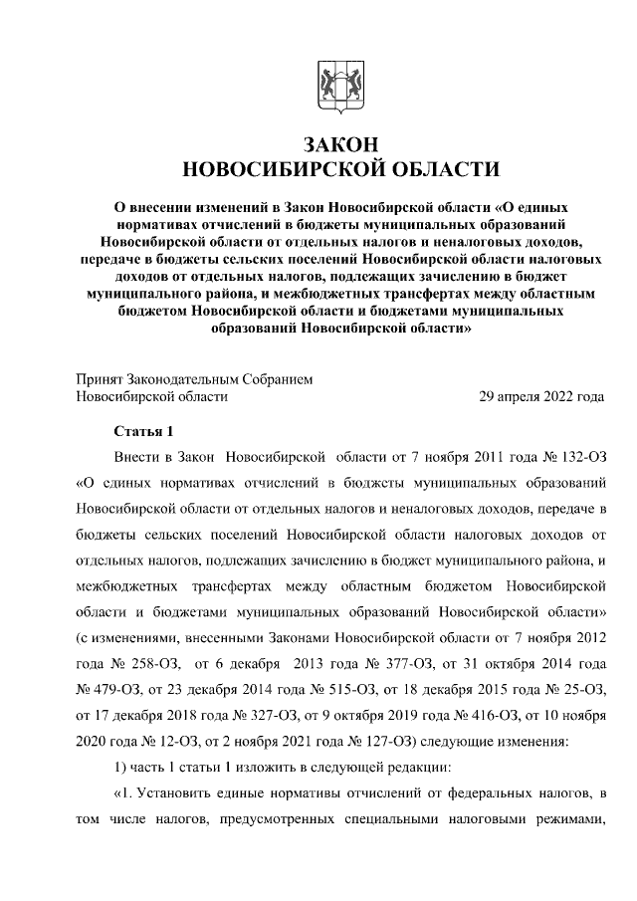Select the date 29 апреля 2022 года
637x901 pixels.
pos(541,396)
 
